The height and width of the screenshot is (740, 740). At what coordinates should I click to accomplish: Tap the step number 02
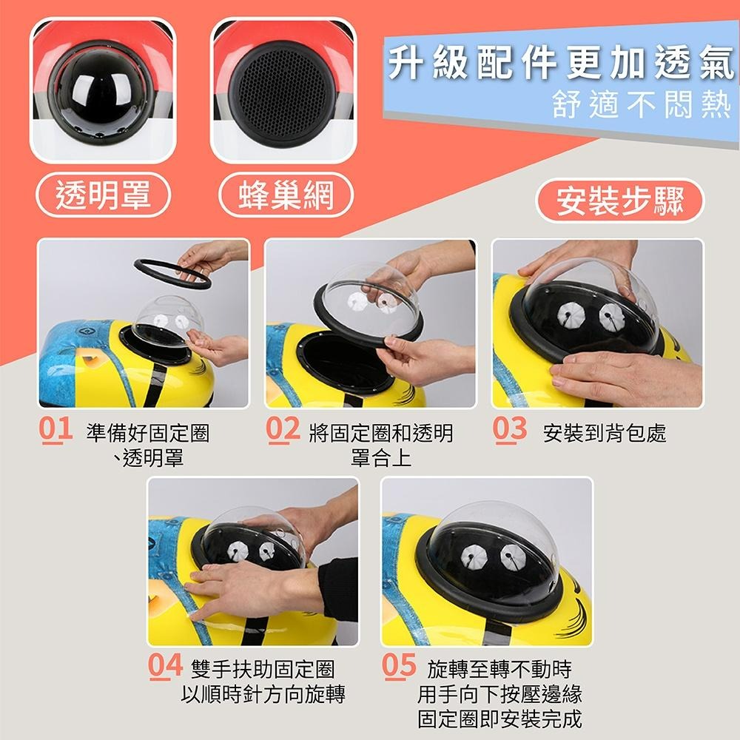(x=283, y=430)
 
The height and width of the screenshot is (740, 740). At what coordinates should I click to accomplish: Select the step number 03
(x=511, y=430)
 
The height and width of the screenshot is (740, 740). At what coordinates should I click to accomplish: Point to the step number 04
(x=165, y=667)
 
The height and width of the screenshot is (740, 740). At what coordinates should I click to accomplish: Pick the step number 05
(x=400, y=667)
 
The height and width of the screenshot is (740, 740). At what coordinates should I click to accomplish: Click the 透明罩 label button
(x=104, y=195)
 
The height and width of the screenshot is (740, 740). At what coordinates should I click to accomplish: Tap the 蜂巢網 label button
(x=286, y=195)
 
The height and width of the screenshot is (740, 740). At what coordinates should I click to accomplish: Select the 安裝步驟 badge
(x=620, y=201)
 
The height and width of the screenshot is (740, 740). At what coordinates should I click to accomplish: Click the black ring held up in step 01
(x=172, y=272)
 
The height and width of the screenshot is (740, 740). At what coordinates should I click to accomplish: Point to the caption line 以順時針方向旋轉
(x=264, y=694)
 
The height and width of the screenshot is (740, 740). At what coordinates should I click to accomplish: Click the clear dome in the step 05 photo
(x=492, y=551)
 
